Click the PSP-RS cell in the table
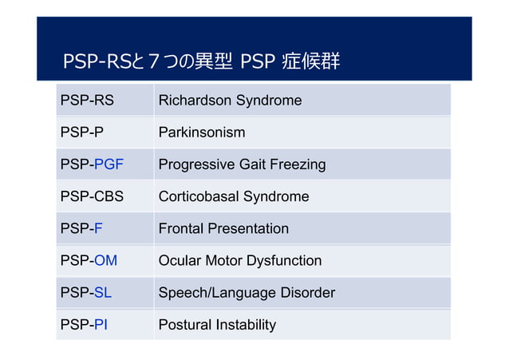[x=87, y=101]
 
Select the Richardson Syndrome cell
[x=230, y=101]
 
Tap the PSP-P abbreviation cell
[x=82, y=133]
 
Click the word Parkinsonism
[x=202, y=133]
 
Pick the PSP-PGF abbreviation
[x=92, y=164]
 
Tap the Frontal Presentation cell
[x=223, y=228]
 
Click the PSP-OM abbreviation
[x=89, y=260]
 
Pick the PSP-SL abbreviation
[x=86, y=292]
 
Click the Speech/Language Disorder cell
[x=247, y=292]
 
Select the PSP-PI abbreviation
[x=85, y=324]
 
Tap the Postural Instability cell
[x=217, y=324]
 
